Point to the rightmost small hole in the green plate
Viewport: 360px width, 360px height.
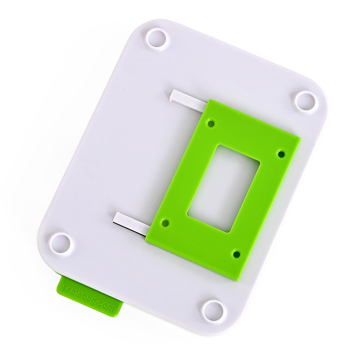point(281,154)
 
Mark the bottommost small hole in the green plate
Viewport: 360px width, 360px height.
point(237,254)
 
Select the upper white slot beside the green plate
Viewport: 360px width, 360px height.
point(188,99)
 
